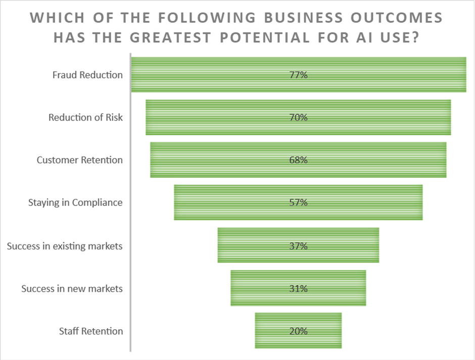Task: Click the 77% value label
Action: pos(298,75)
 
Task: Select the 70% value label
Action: pos(298,118)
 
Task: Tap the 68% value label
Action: pos(298,160)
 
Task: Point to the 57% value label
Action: pos(298,202)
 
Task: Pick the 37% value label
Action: pos(298,246)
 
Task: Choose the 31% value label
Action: pos(298,289)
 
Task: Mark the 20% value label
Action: pos(298,331)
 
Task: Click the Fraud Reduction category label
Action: pos(87,75)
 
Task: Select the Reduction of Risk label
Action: pos(85,118)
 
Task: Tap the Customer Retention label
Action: pos(79,160)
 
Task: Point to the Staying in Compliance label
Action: pos(75,202)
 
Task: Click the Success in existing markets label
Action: pos(65,246)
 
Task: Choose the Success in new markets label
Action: pos(72,289)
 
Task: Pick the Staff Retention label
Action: pos(91,331)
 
